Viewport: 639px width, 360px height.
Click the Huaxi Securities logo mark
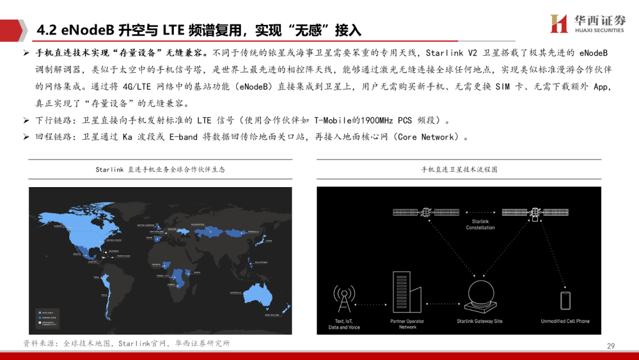pyautogui.click(x=559, y=24)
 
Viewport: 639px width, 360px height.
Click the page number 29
pyautogui.click(x=611, y=346)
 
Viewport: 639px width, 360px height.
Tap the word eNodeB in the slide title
pyautogui.click(x=87, y=30)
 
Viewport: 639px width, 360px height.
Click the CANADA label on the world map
pyautogui.click(x=58, y=226)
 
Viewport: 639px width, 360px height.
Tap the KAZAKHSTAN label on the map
pyautogui.click(x=198, y=224)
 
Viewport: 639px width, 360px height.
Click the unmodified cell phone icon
pyautogui.click(x=565, y=300)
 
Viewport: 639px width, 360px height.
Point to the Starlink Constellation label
pyautogui.click(x=480, y=224)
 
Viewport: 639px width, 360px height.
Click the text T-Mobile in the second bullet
pyautogui.click(x=333, y=120)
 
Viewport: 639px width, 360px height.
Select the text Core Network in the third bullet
pyautogui.click(x=425, y=137)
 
